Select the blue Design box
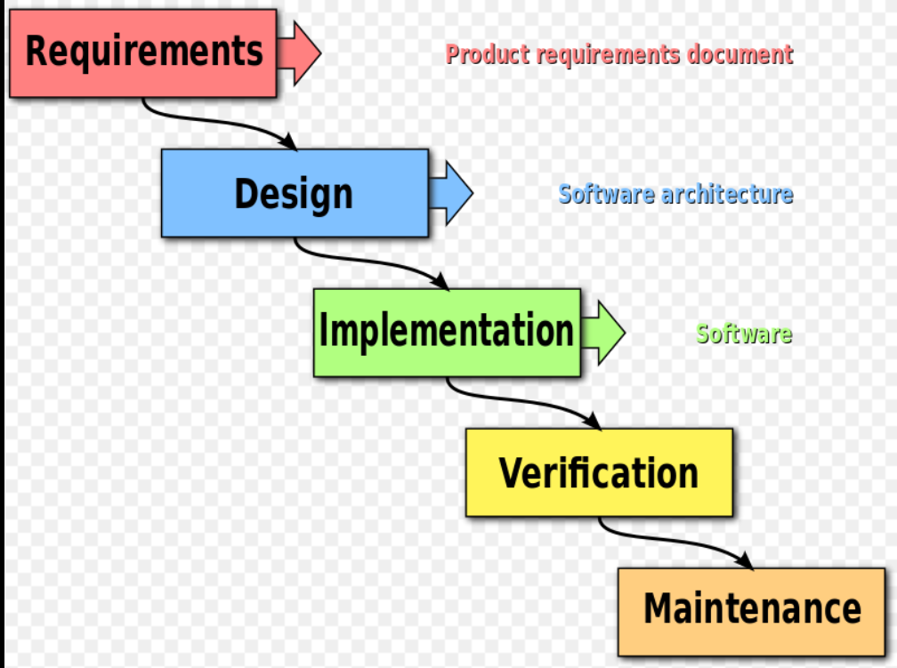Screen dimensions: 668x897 coord(294,193)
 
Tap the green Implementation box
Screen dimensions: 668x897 coord(447,332)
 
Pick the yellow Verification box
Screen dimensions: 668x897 coord(599,472)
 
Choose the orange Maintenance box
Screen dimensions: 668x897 coord(752,611)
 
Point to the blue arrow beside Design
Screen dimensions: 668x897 coord(451,193)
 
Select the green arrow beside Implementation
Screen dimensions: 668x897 coord(603,332)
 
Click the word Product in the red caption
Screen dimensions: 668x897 coord(481,54)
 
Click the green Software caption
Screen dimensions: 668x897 coord(744,334)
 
